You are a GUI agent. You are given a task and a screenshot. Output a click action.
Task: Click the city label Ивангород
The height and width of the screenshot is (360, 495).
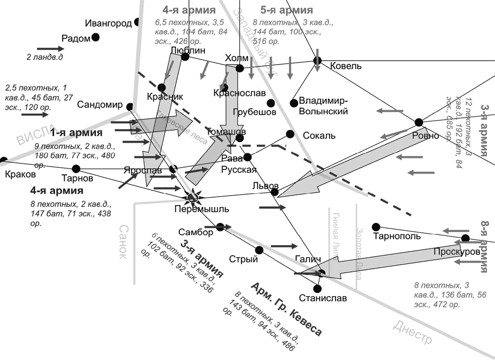(108, 23)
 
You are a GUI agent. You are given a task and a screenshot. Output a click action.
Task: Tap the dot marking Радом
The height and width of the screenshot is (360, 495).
(95, 36)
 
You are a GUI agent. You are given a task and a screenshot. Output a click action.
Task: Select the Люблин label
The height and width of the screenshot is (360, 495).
(185, 50)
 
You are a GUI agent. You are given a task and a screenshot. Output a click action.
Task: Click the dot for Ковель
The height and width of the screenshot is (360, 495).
(317, 61)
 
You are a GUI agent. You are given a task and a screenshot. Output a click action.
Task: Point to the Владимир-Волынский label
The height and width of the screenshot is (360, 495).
(324, 106)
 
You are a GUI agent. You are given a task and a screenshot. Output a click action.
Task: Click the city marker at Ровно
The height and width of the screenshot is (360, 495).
(418, 122)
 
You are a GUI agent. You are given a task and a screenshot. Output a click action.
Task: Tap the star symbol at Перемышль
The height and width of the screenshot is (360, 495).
(191, 197)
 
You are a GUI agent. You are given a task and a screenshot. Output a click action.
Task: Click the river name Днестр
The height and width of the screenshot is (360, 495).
(412, 332)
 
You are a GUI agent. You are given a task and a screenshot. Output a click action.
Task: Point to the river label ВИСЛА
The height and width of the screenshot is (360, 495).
(33, 135)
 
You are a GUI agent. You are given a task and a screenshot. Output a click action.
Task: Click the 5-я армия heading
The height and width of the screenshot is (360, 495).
(287, 10)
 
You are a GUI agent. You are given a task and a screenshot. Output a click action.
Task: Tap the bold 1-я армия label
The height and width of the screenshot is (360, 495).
(76, 133)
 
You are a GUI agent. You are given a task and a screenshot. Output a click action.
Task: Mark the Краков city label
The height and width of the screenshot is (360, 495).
(19, 174)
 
